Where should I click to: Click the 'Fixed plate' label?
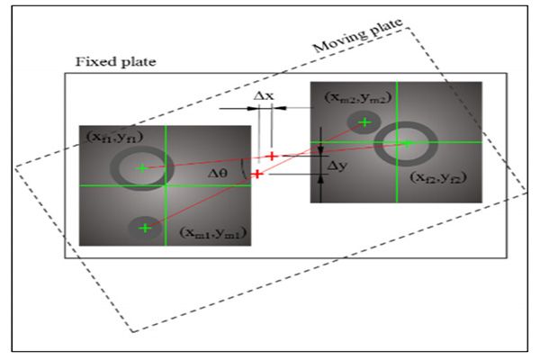point(116,62)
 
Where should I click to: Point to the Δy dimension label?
point(338,166)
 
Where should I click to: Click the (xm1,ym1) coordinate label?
point(213,234)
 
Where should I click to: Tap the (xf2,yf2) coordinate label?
point(439,177)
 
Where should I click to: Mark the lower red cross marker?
point(257,174)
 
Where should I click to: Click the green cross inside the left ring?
point(141,167)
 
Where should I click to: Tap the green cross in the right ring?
point(406,143)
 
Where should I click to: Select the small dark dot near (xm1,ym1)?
point(144,229)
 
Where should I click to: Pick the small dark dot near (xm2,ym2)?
point(364,122)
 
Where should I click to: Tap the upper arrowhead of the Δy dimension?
point(321,145)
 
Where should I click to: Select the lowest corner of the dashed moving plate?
point(133,331)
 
